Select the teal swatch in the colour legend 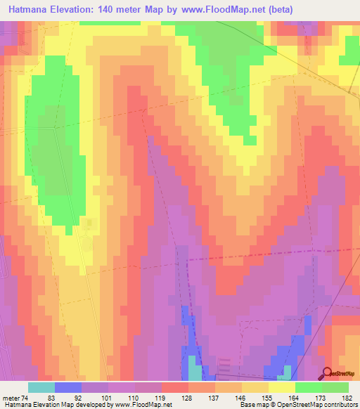click(x=41, y=387)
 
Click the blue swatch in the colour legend click(x=68, y=387)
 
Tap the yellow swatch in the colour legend click(x=281, y=387)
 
